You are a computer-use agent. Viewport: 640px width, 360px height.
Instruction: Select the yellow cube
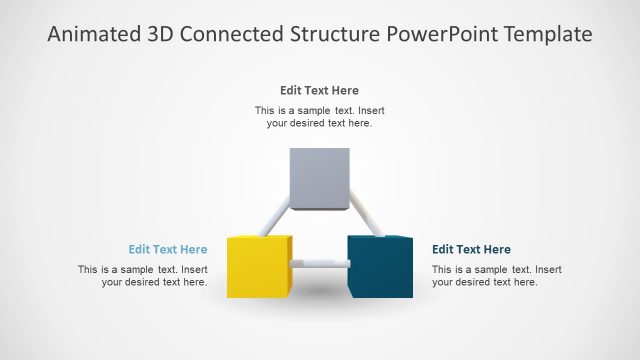[258, 268]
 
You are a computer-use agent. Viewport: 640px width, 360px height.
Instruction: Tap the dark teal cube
[380, 267]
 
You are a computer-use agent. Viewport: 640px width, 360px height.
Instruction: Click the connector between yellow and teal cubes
[320, 263]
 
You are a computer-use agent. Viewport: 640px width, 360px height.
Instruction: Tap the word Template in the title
[549, 35]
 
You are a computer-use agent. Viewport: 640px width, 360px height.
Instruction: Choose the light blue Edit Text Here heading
[168, 250]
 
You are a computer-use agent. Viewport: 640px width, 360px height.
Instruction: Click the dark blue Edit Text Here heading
[471, 250]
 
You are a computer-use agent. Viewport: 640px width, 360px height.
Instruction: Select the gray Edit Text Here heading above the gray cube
[319, 90]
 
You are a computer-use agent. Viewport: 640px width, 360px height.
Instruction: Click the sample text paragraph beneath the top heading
[319, 117]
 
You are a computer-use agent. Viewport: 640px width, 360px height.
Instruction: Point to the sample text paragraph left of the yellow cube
[143, 276]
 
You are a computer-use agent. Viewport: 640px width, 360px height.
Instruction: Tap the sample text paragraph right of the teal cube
[496, 276]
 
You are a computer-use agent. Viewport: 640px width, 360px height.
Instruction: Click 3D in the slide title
[161, 35]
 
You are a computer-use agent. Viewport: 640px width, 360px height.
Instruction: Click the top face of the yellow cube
[260, 239]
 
